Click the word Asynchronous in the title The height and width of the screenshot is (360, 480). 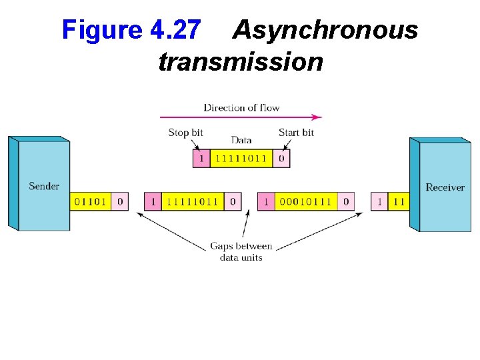coord(325,31)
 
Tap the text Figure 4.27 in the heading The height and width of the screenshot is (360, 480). coord(131,31)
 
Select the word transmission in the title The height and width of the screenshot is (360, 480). coord(241,63)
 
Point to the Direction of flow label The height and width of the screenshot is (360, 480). coord(241,107)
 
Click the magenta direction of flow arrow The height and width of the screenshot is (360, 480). coord(241,117)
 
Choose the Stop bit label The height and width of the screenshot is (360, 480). coord(185,132)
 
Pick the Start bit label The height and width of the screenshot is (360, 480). coord(296,132)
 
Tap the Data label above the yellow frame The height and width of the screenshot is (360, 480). coord(241,140)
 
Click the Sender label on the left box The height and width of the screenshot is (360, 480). coord(44,186)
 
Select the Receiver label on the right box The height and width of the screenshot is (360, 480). coord(445,187)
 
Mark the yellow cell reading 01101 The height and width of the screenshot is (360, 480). coord(91,201)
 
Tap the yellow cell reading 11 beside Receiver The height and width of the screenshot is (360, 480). coord(399,201)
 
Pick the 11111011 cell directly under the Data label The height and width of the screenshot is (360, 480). coord(241,159)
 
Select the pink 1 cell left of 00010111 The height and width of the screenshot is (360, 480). coord(266,201)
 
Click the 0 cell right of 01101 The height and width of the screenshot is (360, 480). coord(120,201)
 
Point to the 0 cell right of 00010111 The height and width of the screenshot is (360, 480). coord(346,201)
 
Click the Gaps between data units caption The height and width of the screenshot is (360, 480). coord(241,251)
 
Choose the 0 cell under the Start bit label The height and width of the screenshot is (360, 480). coord(281,159)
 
